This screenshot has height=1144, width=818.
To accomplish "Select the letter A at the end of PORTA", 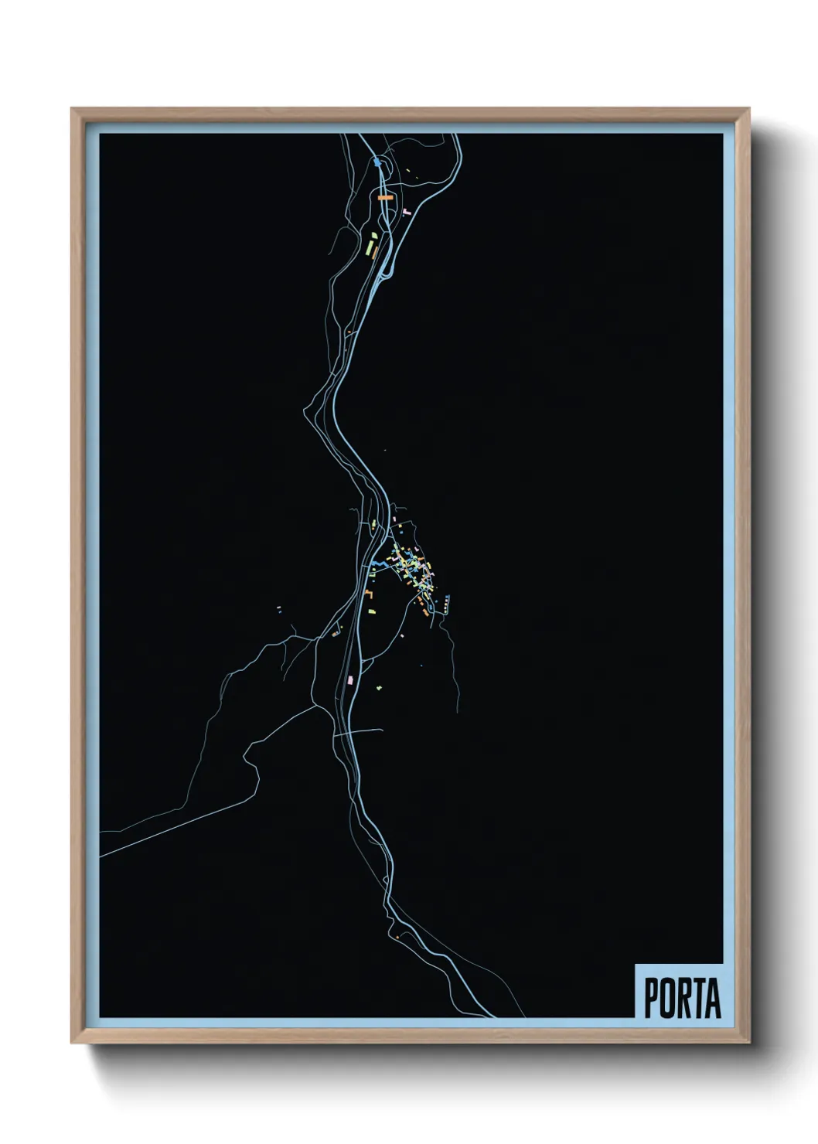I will [712, 998].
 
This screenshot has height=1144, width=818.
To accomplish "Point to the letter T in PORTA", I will [695, 998].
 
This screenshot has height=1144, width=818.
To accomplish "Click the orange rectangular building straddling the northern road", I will [386, 198].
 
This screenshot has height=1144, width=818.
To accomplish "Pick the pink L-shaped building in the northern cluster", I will [405, 210].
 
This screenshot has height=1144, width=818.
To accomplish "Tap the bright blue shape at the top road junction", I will [377, 162].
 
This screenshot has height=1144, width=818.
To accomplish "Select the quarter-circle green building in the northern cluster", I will [372, 235].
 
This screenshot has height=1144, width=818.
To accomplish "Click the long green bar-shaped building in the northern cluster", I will [369, 250].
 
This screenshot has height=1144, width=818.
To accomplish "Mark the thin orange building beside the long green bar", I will [375, 251].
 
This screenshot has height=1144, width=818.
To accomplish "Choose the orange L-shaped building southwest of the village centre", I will [370, 593].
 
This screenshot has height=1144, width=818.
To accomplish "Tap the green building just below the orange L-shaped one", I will [372, 611].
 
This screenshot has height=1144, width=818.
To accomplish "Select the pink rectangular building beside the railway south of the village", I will [351, 679].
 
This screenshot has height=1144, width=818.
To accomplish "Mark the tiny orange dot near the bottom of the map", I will [397, 938].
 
